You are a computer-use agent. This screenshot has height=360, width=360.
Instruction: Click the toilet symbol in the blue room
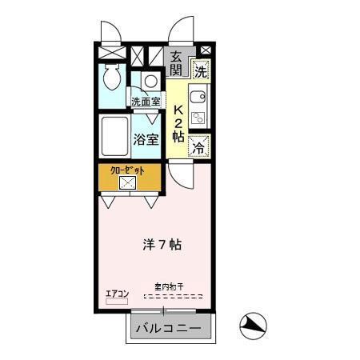(113, 78)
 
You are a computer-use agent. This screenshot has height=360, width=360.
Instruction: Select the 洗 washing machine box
(200, 70)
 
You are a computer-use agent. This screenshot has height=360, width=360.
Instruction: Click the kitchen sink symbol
(198, 99)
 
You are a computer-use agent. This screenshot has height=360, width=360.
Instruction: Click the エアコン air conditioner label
(117, 293)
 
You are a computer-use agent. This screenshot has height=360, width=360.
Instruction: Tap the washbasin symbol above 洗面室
(150, 82)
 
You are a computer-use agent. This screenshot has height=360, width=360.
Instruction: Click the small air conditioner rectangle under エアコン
(116, 302)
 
